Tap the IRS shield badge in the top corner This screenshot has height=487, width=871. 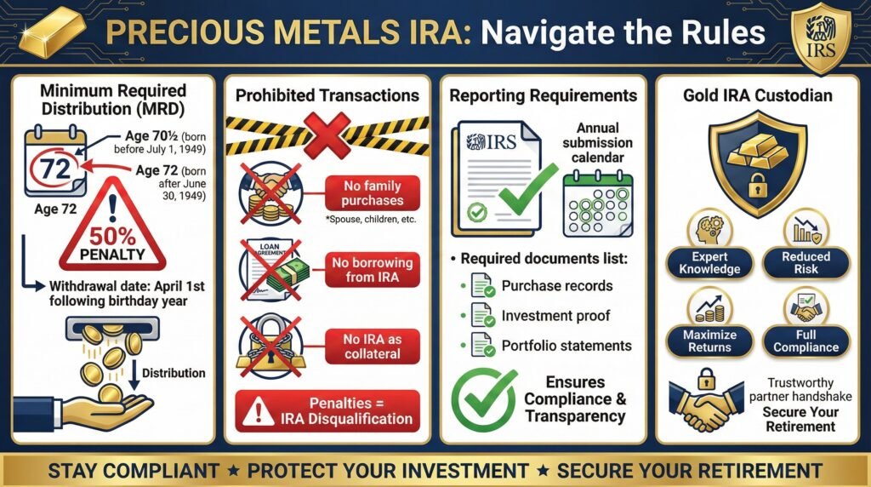click(821, 37)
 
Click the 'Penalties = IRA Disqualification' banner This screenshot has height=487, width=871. click(328, 410)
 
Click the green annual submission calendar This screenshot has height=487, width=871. click(601, 202)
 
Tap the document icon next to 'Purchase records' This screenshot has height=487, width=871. click(481, 287)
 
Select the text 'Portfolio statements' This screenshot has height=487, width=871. click(566, 346)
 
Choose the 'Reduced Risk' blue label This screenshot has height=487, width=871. click(806, 262)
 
